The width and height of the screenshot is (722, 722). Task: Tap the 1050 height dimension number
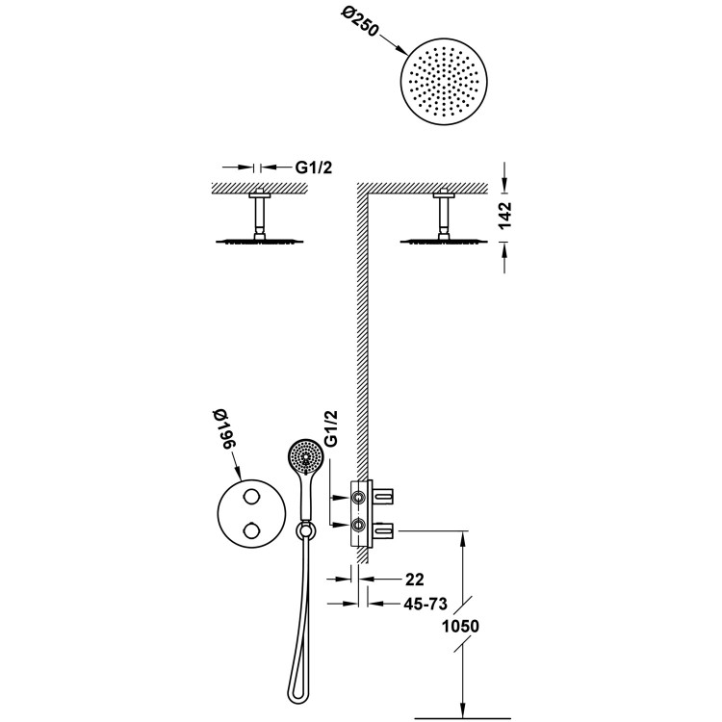click(x=459, y=626)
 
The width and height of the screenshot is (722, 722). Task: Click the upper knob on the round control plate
click(x=252, y=494)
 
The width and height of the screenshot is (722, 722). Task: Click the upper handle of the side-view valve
click(x=387, y=496)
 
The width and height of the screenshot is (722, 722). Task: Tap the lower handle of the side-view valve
click(x=387, y=526)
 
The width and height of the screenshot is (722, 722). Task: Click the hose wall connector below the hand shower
click(x=304, y=529)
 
